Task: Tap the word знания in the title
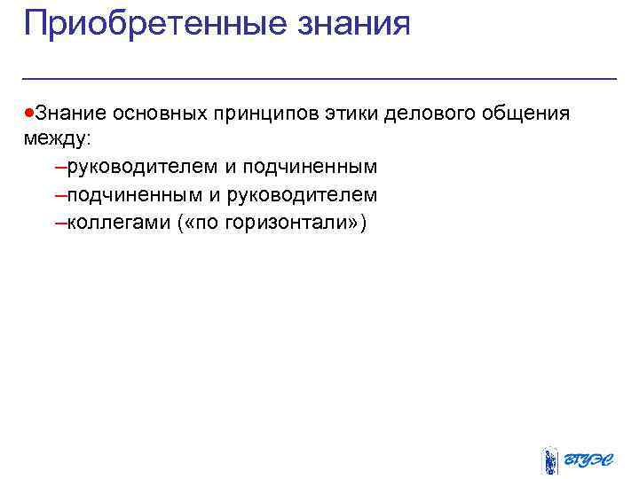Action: click(359, 24)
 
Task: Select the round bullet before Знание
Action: click(29, 114)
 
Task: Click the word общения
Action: click(525, 114)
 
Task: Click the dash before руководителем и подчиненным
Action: click(59, 167)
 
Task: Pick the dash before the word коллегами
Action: click(59, 221)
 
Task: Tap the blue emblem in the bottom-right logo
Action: click(551, 459)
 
